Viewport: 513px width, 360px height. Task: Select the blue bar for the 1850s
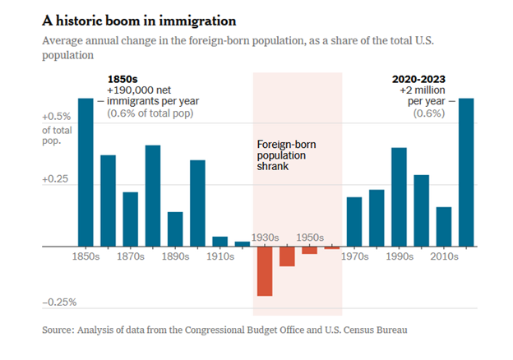pyautogui.click(x=85, y=172)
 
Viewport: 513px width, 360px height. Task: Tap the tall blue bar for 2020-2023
pyautogui.click(x=465, y=172)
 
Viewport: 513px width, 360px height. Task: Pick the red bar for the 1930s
pyautogui.click(x=264, y=270)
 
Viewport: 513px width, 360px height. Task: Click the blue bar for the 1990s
pyautogui.click(x=399, y=196)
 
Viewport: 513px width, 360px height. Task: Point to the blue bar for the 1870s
pyautogui.click(x=130, y=219)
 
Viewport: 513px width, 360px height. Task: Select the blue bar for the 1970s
pyautogui.click(x=354, y=221)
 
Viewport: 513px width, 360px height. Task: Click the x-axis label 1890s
pyautogui.click(x=175, y=256)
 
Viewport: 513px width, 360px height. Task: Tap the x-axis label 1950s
pyautogui.click(x=309, y=238)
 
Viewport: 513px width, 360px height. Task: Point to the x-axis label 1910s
pyautogui.click(x=220, y=256)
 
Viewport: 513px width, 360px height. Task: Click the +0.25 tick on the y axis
pyautogui.click(x=58, y=179)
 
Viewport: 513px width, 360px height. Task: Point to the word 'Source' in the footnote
pyautogui.click(x=61, y=330)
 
